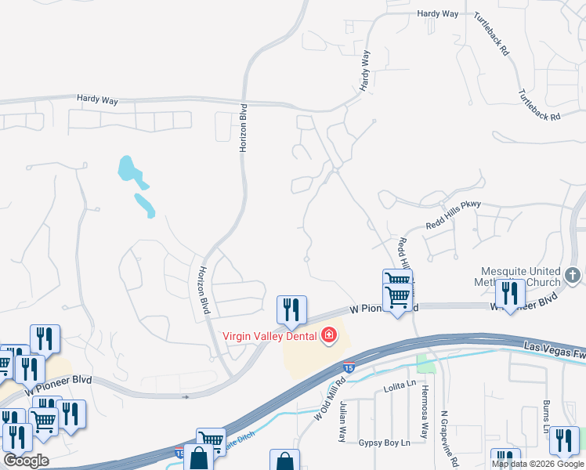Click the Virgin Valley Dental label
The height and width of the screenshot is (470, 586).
(x=269, y=336)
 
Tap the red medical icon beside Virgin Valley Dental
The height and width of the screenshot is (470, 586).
(x=329, y=336)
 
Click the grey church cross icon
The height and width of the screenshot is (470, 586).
(x=573, y=275)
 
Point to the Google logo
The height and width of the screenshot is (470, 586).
(x=26, y=461)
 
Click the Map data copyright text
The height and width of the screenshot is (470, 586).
(x=538, y=464)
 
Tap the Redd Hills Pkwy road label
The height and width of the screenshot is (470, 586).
(x=453, y=216)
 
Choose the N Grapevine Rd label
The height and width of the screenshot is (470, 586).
(x=444, y=435)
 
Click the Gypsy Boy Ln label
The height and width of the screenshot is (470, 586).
(x=384, y=443)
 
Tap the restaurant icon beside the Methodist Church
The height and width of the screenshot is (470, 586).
(x=510, y=293)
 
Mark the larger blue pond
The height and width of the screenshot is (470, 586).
(x=130, y=172)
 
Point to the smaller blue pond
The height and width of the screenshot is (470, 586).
(x=144, y=204)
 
